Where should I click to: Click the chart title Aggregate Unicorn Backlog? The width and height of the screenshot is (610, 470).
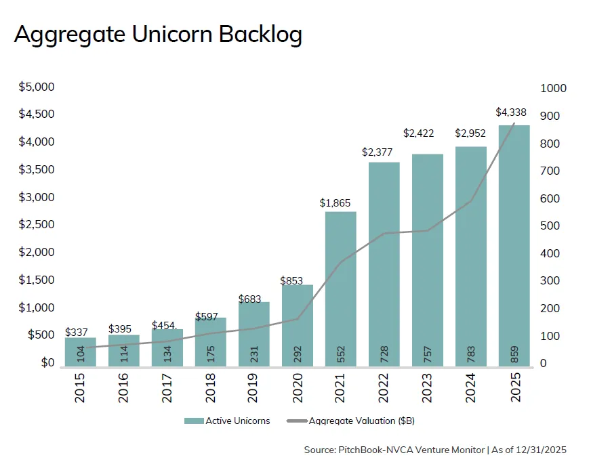coord(158,35)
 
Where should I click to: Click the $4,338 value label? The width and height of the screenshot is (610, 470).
coord(513,112)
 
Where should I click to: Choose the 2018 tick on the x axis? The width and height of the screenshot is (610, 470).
coord(210,387)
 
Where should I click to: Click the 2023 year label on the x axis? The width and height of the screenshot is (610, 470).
coord(427,387)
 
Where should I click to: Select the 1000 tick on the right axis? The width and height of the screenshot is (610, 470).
coord(553,88)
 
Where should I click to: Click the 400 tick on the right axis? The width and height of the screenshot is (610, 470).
coord(550,253)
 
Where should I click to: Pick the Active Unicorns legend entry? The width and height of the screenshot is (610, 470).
coord(227,421)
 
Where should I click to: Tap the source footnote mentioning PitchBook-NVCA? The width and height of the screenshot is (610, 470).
coord(435,450)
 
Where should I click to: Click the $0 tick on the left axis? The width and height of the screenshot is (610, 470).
coord(46,362)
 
